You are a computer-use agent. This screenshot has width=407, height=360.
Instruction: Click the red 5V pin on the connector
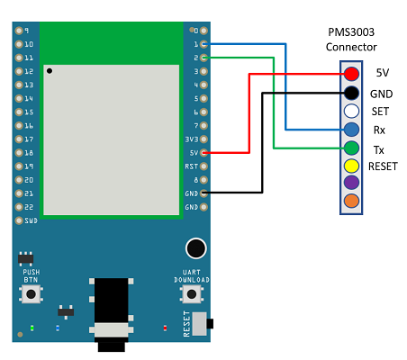351,74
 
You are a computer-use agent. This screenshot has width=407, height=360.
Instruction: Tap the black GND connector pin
351,93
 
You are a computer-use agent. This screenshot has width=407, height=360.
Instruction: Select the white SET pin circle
351,111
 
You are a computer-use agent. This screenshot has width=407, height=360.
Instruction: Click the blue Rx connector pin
351,130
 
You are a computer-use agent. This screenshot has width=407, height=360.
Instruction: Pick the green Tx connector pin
351,148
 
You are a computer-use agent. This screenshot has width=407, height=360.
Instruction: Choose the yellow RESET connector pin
351,166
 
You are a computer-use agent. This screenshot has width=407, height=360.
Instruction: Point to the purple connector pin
351,183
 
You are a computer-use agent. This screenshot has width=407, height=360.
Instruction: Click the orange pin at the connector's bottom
351,201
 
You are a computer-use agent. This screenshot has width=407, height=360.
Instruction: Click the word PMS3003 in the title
351,32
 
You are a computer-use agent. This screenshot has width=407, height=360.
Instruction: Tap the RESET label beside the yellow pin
383,166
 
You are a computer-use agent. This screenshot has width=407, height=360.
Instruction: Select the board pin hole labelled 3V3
203,139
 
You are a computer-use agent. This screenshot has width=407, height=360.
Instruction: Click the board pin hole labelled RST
203,166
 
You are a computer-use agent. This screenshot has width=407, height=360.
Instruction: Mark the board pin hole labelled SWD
19,220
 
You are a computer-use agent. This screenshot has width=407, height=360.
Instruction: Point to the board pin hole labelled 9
19,31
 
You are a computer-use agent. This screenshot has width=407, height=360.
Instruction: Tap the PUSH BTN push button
31,294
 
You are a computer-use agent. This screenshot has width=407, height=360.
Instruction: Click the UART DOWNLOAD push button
192,294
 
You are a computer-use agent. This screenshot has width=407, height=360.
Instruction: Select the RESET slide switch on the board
203,324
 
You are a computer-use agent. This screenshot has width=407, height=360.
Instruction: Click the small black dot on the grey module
50,71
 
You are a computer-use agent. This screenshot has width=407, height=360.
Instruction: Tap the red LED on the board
165,328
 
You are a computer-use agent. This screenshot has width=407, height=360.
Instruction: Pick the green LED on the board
32,328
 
